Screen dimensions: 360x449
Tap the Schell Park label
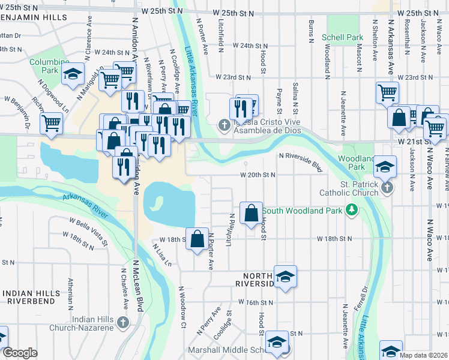[x=342, y=37]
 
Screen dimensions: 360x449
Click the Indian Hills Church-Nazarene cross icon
[x=123, y=323]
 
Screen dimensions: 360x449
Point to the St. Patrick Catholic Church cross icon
[x=387, y=188]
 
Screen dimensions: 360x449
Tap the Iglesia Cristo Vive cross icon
[x=224, y=125]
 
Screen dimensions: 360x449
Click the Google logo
[x=20, y=353]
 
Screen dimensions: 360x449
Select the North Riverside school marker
[x=286, y=277]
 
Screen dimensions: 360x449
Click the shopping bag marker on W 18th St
[x=197, y=239]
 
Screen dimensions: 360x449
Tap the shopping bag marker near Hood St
[x=251, y=212]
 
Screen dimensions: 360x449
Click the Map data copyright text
[x=424, y=355]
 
